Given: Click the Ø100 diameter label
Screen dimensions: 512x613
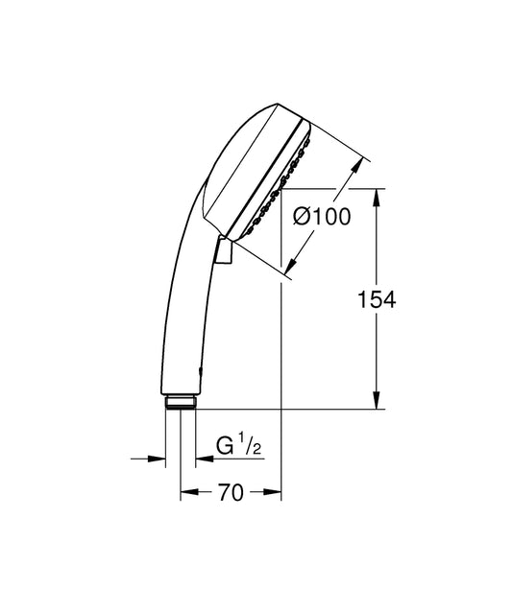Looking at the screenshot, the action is pos(322,217).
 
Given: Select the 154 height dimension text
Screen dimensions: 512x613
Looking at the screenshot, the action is pos(377,300).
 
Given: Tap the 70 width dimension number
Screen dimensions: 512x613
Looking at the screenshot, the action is pos(231,492).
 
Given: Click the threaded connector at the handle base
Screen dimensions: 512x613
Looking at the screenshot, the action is pos(180,403).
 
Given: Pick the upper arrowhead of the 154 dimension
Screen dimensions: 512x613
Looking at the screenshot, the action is pos(377,198).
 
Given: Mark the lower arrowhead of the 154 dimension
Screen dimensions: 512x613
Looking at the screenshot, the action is pos(377,400).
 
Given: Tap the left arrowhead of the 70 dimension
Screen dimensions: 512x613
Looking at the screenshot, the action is pos(189,492).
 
